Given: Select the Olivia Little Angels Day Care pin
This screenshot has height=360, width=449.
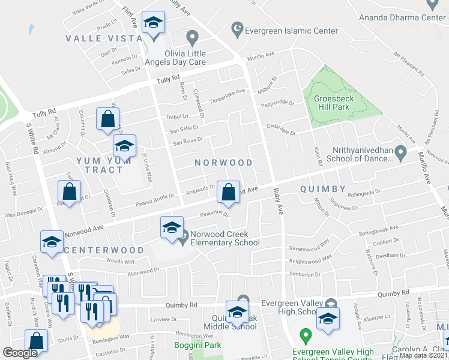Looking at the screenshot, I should point(192,38).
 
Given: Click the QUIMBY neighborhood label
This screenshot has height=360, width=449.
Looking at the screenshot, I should point(323,189).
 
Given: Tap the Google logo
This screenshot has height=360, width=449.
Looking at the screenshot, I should point(20,353).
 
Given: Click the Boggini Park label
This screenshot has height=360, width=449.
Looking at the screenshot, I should point(197,345).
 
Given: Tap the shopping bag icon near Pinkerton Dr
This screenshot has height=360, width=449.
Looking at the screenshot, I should point(229,193).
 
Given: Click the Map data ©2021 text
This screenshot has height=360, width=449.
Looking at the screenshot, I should point(423,355).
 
